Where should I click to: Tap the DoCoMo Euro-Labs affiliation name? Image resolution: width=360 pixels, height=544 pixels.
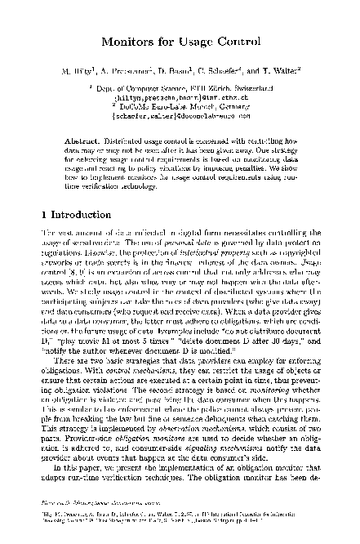coord(154,105)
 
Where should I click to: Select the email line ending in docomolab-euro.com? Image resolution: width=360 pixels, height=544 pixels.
coord(180,114)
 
